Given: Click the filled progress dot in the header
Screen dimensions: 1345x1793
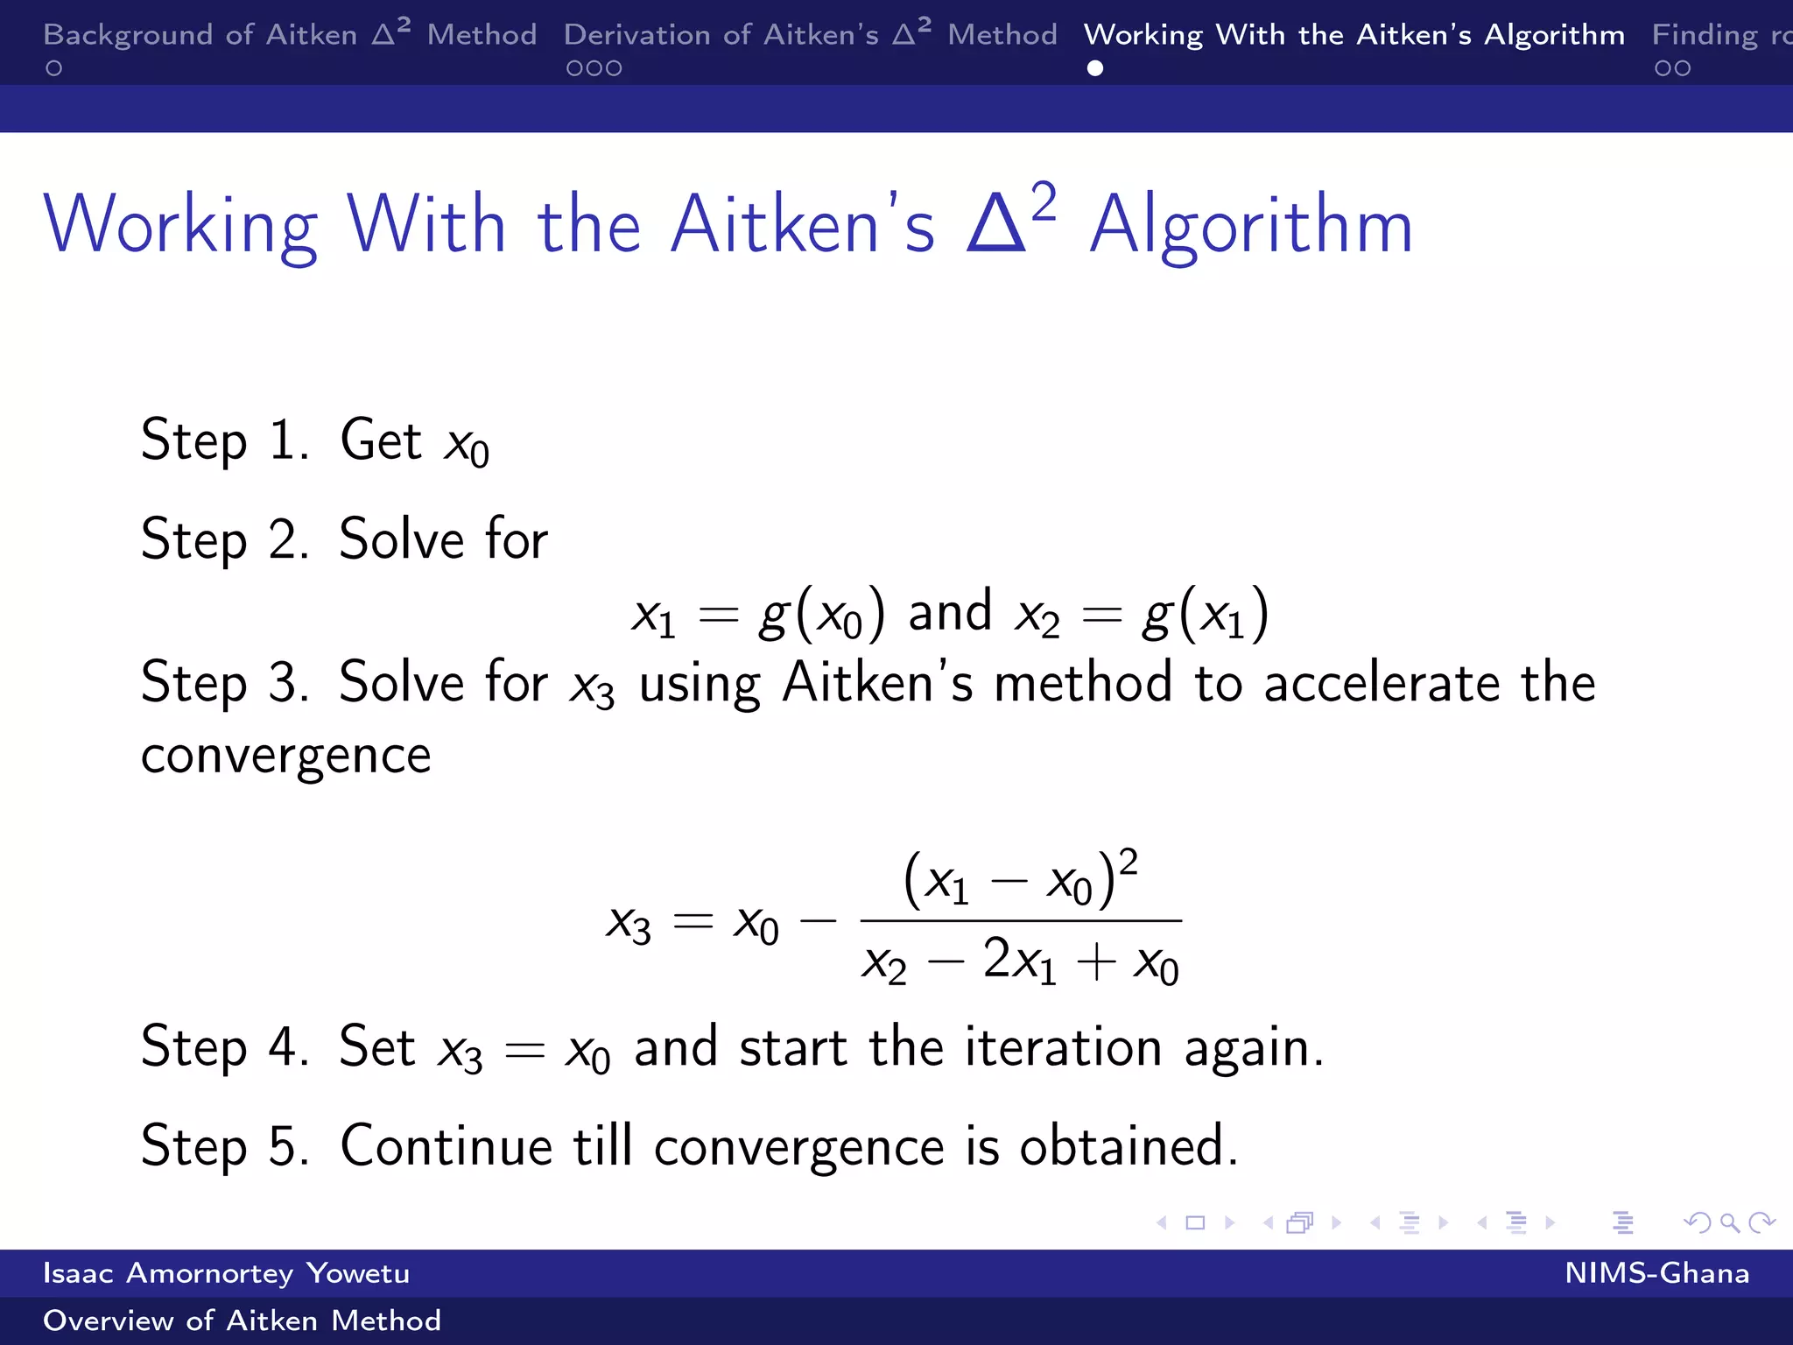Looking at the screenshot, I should [x=1094, y=68].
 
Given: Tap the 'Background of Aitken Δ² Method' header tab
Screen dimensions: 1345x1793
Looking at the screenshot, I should [x=289, y=35].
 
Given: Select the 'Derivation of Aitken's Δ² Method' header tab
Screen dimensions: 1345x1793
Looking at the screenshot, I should [x=810, y=35].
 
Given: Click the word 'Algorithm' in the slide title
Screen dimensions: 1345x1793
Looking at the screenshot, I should [x=1251, y=226].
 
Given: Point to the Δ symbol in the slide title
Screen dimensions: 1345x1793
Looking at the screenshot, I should [x=995, y=226].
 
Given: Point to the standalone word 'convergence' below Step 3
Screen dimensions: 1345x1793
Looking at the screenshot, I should [x=286, y=755].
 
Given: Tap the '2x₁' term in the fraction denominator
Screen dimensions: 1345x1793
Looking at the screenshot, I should [x=1019, y=961].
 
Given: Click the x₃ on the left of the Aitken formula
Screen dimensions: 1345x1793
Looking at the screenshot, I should [x=629, y=923].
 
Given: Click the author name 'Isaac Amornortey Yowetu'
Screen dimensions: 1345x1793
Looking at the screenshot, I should [x=226, y=1273].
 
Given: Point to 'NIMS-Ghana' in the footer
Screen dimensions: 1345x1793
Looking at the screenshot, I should [x=1656, y=1273].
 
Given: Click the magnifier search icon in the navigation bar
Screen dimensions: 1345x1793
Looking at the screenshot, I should [x=1729, y=1222].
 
